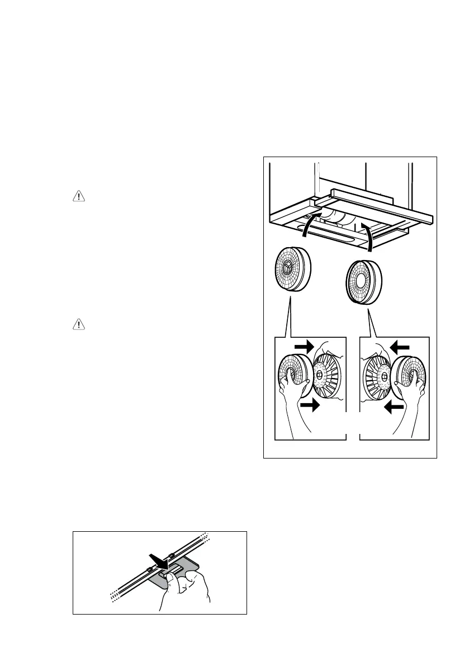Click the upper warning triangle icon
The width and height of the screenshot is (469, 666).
coord(77,197)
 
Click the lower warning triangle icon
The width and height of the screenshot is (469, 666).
coord(77,324)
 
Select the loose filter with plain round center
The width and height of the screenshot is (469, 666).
coord(362,281)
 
